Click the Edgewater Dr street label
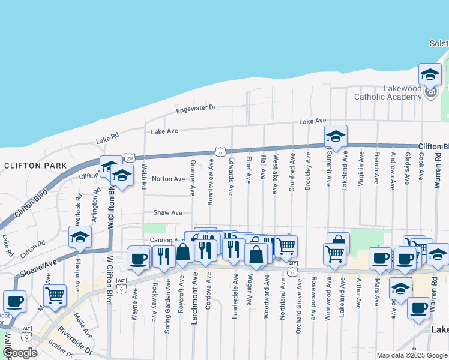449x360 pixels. [196, 110]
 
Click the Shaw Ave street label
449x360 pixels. [167, 212]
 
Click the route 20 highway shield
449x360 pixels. [129, 157]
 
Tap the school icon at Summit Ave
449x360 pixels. [336, 136]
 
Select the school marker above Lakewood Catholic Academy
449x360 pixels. [429, 74]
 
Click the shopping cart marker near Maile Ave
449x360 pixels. [55, 295]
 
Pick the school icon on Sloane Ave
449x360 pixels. [80, 237]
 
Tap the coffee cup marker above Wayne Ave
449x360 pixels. [139, 259]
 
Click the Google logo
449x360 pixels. [20, 352]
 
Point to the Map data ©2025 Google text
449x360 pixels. [412, 355]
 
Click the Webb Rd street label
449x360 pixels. [144, 178]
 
